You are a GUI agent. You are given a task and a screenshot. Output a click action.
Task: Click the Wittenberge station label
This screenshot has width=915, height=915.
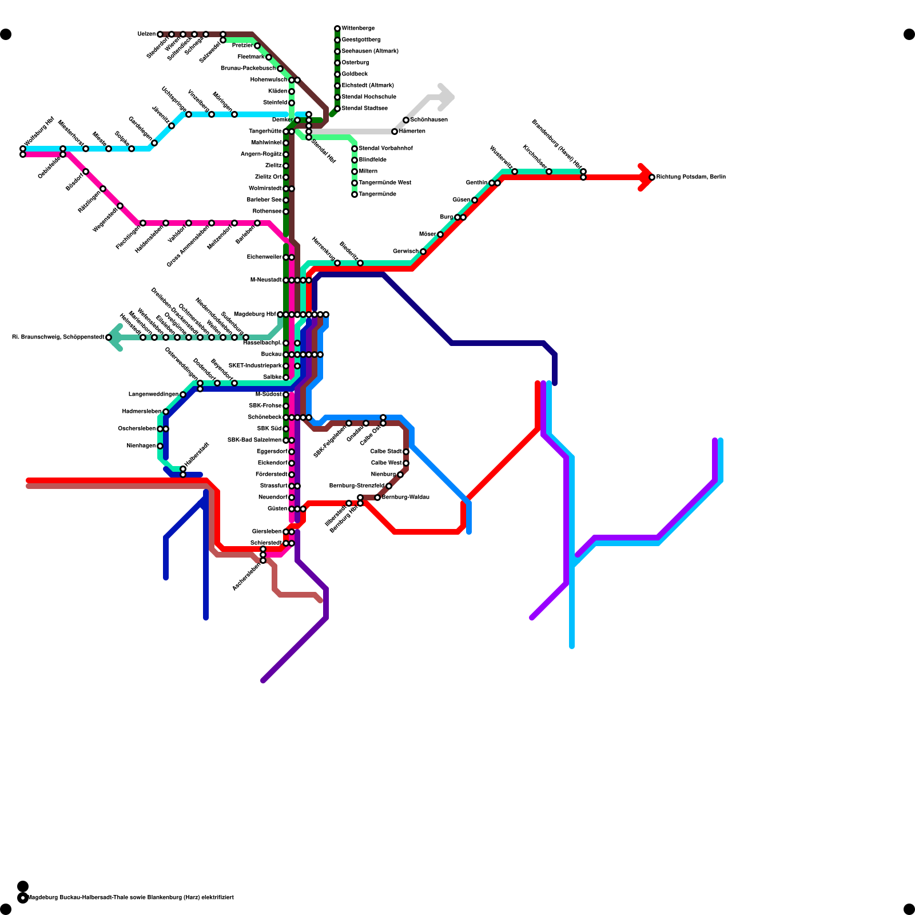[x=358, y=29]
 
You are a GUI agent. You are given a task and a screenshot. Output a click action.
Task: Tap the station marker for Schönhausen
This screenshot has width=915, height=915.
[x=406, y=120]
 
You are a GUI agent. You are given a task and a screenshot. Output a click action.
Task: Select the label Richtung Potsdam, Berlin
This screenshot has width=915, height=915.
[x=691, y=177]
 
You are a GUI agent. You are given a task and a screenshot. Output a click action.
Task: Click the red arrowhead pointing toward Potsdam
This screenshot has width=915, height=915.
[x=646, y=177]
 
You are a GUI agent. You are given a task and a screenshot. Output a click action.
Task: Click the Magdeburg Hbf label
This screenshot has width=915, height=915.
[x=254, y=315]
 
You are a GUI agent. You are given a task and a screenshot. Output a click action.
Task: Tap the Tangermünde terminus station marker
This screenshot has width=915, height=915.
[x=355, y=194]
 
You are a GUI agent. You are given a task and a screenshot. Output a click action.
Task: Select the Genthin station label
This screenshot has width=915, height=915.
[x=476, y=183]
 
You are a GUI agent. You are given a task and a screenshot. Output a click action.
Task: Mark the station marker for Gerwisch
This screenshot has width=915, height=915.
[x=423, y=252]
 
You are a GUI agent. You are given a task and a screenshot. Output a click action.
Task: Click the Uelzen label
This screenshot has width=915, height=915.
[x=146, y=34]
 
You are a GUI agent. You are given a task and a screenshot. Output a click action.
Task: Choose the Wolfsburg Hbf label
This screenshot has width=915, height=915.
[x=39, y=132]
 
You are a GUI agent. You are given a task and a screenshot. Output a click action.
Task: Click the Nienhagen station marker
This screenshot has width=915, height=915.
[x=160, y=446]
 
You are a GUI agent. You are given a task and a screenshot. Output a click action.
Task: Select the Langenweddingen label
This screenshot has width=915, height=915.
[x=153, y=395]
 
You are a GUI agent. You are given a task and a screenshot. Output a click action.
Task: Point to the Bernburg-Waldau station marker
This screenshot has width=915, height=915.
[x=377, y=498]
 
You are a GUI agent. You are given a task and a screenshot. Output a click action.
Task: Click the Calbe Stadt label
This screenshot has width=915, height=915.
[x=386, y=452]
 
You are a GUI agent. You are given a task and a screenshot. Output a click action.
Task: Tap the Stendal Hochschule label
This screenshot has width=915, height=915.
[x=369, y=97]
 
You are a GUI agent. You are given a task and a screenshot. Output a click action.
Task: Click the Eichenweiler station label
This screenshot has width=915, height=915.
[x=264, y=257]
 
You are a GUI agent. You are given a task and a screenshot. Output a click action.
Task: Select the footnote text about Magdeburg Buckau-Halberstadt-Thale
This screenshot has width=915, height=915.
[x=130, y=898]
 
